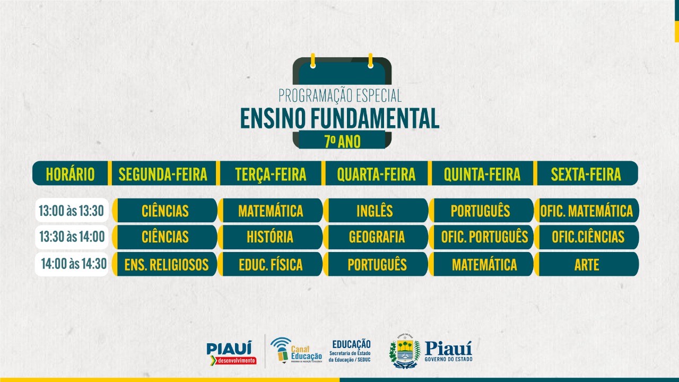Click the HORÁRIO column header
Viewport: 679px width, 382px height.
70,173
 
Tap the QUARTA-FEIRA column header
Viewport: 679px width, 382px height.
376,173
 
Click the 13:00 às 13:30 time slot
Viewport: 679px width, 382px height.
72,211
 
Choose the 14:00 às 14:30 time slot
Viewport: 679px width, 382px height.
72,264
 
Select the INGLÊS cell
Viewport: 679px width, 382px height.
376,211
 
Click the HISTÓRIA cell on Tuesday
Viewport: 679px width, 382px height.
271,237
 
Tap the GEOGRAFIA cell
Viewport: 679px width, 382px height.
376,237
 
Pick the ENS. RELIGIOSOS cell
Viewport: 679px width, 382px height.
165,264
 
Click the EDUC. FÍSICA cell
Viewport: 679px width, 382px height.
271,264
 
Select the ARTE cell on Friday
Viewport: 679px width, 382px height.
587,264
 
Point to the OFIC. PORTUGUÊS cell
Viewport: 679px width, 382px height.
481,237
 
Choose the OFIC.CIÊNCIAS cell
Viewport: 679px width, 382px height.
587,237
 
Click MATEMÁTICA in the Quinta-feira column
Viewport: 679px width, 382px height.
481,264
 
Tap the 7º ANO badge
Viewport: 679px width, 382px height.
342,141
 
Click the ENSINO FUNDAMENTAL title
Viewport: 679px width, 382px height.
339,118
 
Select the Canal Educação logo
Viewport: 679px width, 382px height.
296,351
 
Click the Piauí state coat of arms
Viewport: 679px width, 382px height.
405,351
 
